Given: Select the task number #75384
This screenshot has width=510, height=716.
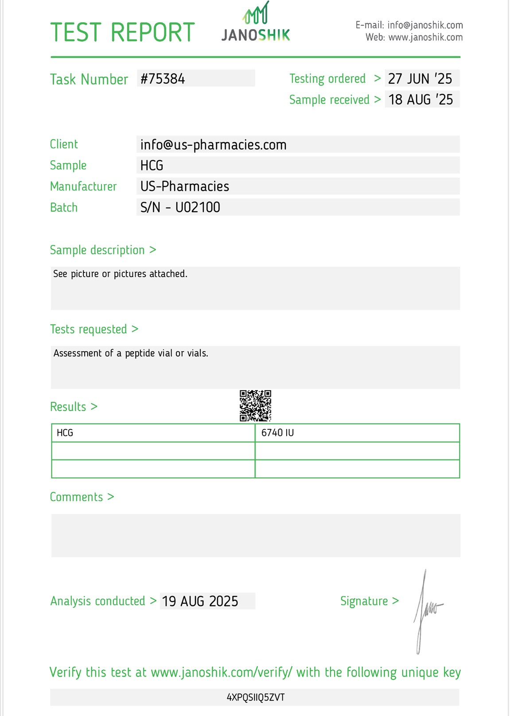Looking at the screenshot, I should (163, 79).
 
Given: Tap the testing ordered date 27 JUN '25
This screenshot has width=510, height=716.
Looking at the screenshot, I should (420, 78).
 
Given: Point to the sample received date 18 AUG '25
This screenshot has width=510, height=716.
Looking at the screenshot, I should (420, 99).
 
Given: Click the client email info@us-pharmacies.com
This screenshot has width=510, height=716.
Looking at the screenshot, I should (213, 145).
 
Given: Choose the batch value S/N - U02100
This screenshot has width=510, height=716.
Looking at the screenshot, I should (180, 207).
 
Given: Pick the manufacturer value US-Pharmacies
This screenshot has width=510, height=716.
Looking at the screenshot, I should (184, 187).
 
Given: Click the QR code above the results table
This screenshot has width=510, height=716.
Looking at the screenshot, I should (255, 405).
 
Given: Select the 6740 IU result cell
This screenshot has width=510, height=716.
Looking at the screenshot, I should (277, 433).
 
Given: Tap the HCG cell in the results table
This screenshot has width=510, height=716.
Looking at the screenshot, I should (65, 433).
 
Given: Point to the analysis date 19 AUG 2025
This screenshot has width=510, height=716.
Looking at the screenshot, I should (200, 601).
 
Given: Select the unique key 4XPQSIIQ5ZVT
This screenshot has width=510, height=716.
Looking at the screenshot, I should (256, 697).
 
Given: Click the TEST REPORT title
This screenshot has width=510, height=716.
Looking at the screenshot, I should (122, 32).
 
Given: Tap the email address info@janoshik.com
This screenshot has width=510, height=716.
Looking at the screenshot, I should (425, 25).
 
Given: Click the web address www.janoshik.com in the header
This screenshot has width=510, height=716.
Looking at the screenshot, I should (425, 38).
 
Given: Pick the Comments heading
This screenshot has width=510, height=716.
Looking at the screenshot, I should (82, 497).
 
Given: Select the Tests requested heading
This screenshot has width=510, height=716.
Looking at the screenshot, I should (94, 329).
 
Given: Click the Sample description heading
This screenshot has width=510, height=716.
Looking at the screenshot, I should (103, 250).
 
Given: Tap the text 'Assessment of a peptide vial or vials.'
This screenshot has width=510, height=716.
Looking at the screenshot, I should (131, 353).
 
